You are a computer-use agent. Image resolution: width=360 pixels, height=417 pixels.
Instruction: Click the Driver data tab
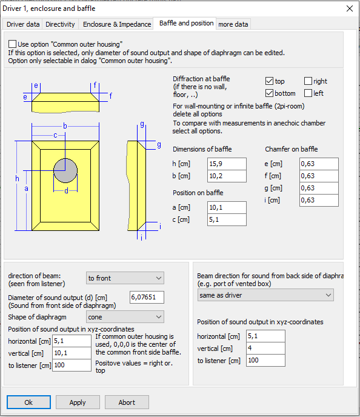click(x=24, y=24)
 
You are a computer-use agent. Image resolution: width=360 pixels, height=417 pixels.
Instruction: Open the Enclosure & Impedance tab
click(x=117, y=24)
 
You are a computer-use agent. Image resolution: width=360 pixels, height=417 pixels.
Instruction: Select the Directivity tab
click(x=61, y=24)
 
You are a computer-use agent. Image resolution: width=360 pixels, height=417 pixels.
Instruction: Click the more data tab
click(x=233, y=24)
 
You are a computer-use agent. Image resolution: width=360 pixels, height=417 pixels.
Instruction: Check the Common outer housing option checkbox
click(x=13, y=44)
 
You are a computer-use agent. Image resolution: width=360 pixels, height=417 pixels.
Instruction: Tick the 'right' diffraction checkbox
click(x=308, y=81)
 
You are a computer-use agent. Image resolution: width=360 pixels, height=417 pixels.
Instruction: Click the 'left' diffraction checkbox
click(x=308, y=93)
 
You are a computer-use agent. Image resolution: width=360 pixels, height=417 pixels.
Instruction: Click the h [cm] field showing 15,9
click(x=227, y=164)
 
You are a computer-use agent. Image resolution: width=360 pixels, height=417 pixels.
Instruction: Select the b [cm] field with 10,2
click(x=227, y=176)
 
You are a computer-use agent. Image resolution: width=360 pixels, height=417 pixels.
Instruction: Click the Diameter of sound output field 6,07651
click(x=147, y=298)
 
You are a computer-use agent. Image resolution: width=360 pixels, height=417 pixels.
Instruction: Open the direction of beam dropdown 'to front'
click(x=125, y=278)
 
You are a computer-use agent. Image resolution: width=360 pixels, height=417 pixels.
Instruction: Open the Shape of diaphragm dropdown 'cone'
click(x=125, y=317)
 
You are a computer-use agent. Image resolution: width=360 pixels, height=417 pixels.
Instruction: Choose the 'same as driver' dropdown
click(x=265, y=295)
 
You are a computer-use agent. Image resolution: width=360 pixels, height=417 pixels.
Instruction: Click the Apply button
click(x=78, y=402)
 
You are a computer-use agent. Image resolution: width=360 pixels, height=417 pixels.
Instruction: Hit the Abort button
click(x=127, y=402)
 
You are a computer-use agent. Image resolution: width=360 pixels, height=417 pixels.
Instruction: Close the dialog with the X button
click(x=349, y=8)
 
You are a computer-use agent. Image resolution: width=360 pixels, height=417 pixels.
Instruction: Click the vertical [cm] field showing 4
click(x=264, y=349)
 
